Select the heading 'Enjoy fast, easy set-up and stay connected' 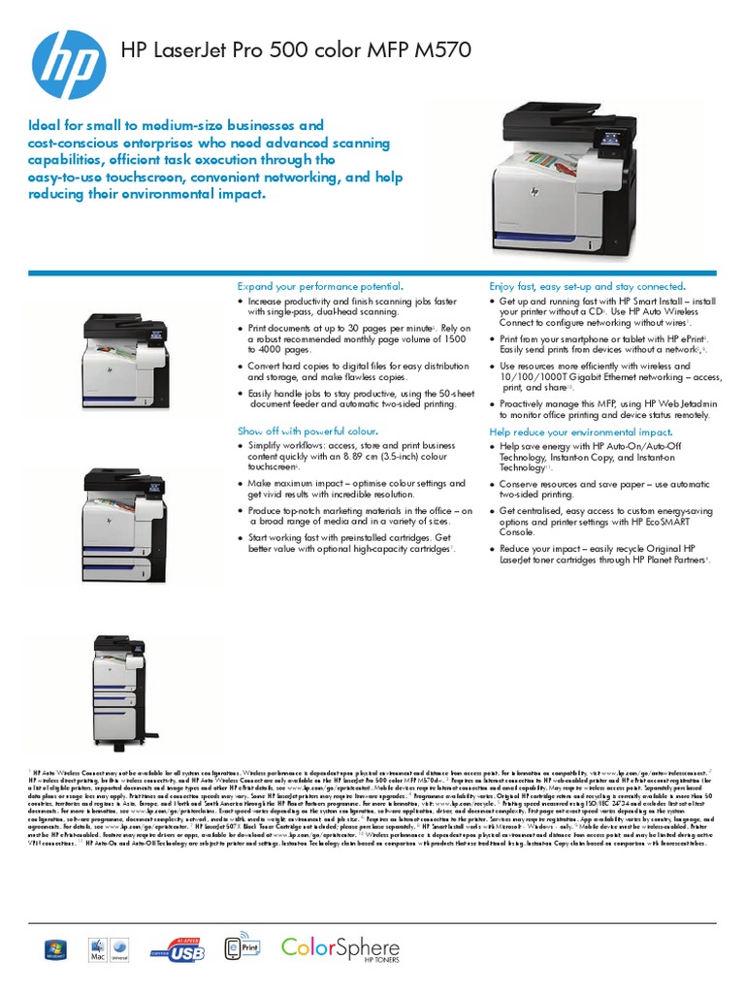point(587,287)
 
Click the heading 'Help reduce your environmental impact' point(580,432)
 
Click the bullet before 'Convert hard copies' point(241,367)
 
